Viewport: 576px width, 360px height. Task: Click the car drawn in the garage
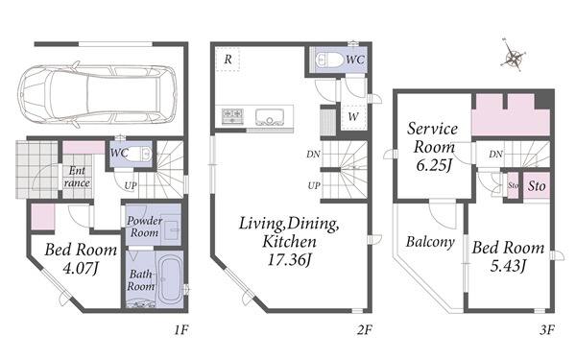(x=97, y=95)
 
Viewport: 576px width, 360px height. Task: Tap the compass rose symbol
(x=514, y=57)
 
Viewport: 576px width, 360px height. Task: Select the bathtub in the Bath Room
(x=170, y=280)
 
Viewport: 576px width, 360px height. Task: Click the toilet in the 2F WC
(x=329, y=60)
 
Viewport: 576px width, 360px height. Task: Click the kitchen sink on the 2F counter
(x=270, y=116)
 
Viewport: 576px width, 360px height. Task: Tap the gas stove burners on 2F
(x=232, y=116)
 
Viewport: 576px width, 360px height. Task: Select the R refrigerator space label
(x=228, y=60)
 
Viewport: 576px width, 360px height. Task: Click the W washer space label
(x=353, y=117)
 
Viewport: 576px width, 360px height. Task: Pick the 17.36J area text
(x=290, y=260)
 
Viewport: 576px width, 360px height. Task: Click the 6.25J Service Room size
(x=434, y=165)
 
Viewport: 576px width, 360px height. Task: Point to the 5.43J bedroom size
(x=509, y=265)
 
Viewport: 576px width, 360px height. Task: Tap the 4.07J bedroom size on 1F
(x=81, y=268)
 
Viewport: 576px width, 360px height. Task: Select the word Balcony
(x=430, y=242)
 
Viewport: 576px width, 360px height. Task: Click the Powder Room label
(x=144, y=227)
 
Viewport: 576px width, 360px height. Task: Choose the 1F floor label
(x=181, y=330)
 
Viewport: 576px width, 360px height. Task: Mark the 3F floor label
(x=546, y=330)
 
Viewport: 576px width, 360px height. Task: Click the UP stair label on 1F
(x=131, y=186)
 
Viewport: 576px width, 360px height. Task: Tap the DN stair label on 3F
(x=495, y=155)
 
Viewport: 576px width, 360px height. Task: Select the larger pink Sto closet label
(x=537, y=186)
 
